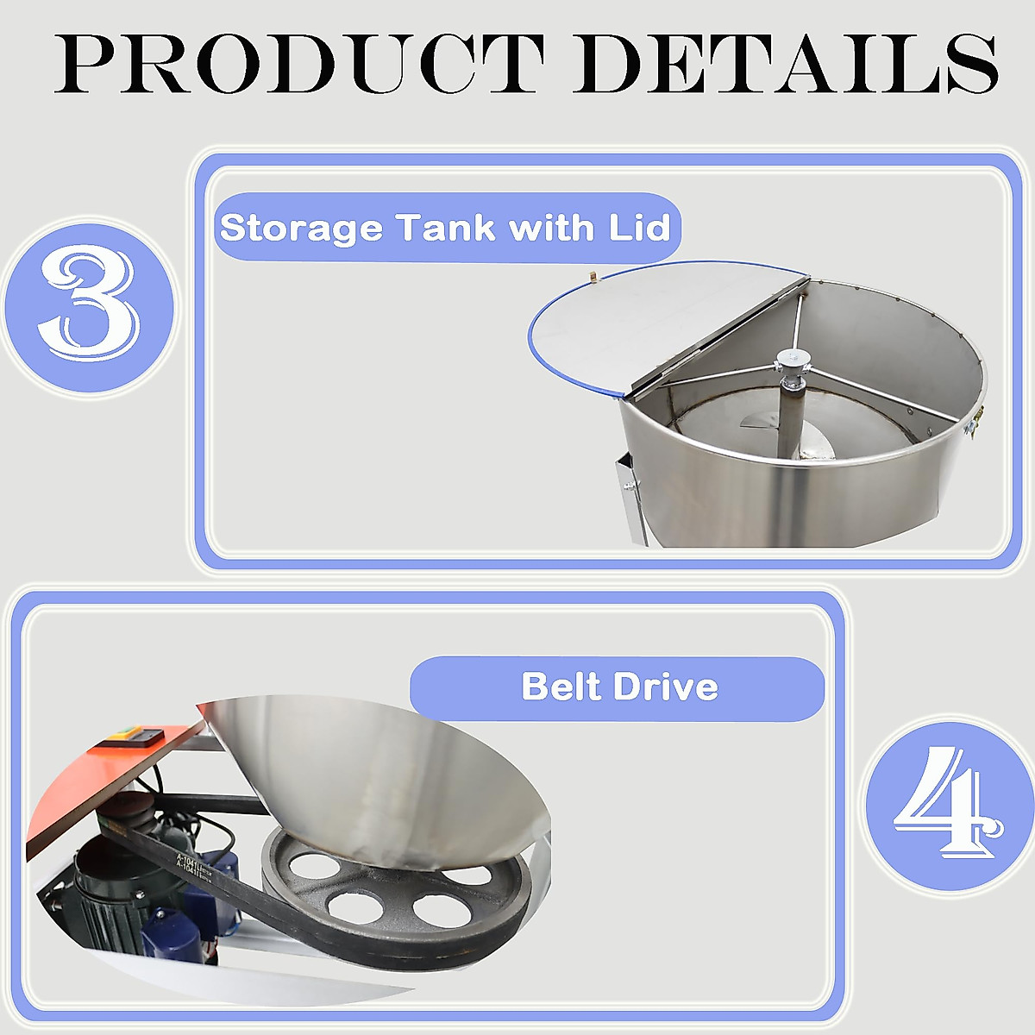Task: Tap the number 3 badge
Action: coord(89,305)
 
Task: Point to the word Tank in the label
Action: coord(446,228)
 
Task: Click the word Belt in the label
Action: coord(561,687)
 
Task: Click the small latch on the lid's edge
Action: coord(593,276)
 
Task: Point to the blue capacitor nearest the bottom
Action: coord(168,931)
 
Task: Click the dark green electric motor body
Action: coord(99,888)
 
